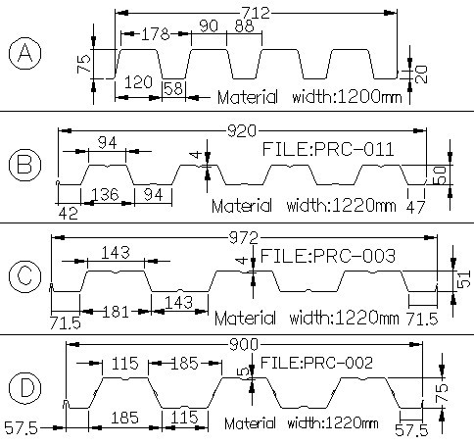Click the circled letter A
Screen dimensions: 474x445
[24, 54]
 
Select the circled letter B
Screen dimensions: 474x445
[24, 165]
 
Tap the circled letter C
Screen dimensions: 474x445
[24, 276]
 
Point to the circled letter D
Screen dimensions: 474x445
[24, 388]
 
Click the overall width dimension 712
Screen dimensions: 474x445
[256, 13]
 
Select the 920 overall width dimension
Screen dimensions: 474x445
[242, 131]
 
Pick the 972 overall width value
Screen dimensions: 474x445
[244, 238]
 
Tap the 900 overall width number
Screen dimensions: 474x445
[244, 344]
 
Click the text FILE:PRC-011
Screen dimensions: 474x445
[328, 149]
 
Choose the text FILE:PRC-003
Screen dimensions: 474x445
[328, 256]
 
